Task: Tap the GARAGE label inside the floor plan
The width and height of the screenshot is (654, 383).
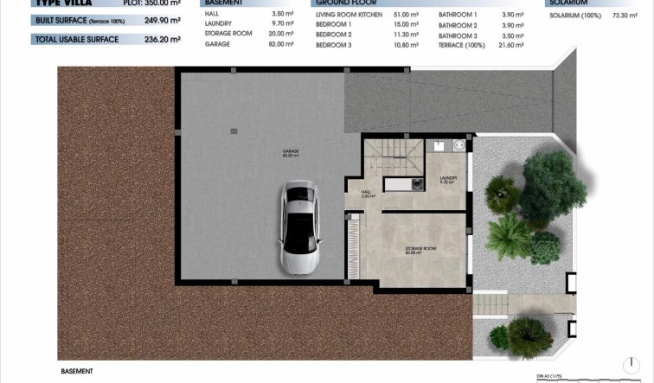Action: tap(290, 153)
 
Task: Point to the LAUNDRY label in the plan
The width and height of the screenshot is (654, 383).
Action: tap(447, 180)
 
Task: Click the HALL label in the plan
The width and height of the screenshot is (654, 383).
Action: tap(366, 195)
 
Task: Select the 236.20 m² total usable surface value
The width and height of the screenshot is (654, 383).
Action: tap(162, 40)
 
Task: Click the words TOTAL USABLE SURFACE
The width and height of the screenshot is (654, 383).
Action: tap(76, 40)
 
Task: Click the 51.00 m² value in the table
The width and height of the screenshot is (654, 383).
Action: tap(406, 15)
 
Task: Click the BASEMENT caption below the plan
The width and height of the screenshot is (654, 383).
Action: tap(77, 371)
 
